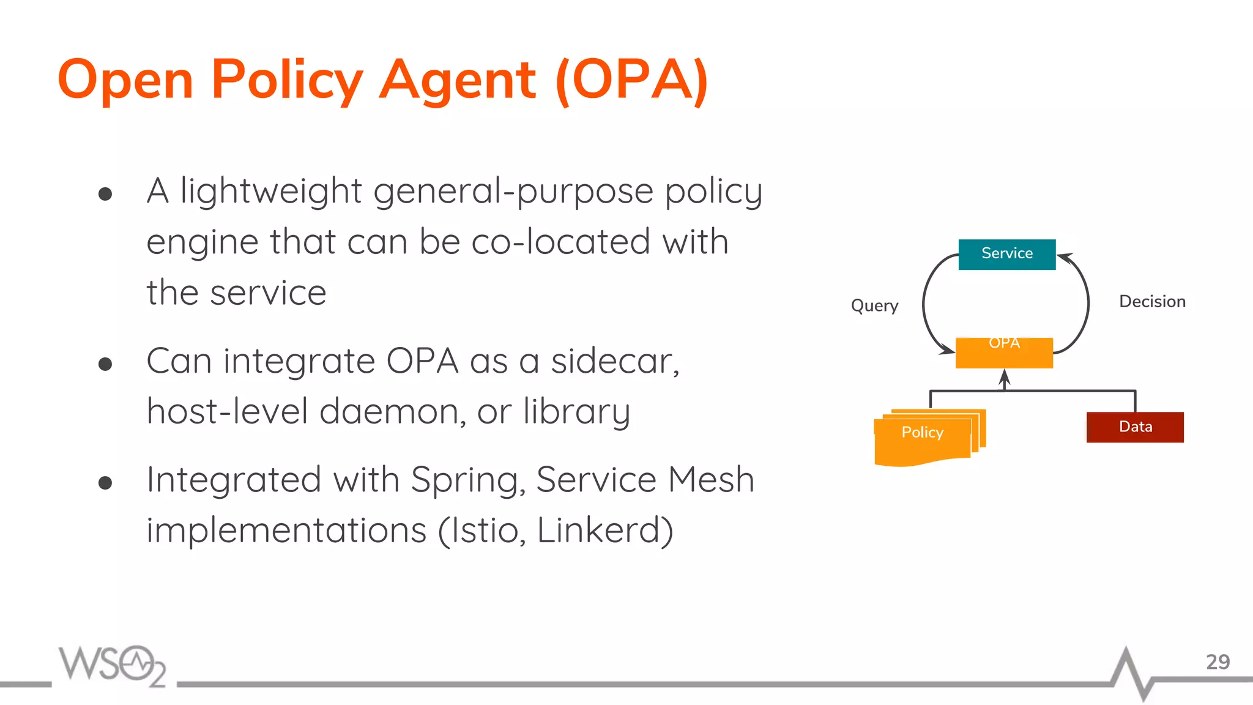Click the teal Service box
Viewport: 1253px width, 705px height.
click(1006, 254)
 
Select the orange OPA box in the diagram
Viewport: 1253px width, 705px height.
click(1004, 353)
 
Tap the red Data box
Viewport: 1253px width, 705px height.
click(1135, 427)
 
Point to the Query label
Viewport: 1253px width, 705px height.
click(874, 305)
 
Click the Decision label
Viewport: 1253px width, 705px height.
click(1152, 302)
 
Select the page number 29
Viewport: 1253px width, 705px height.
click(1217, 662)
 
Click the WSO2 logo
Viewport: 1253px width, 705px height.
click(113, 665)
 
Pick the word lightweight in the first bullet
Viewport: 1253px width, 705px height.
click(271, 192)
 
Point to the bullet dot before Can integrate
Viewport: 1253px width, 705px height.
click(105, 364)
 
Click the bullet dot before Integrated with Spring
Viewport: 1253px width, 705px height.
click(105, 483)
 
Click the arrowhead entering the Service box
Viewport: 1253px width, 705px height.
click(1063, 257)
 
